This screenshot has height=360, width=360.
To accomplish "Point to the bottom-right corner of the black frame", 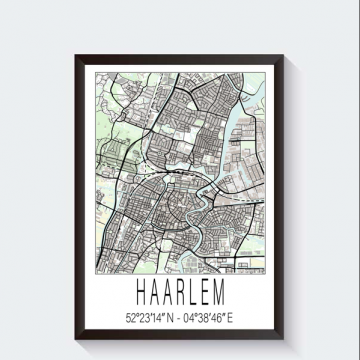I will (x=287, y=339).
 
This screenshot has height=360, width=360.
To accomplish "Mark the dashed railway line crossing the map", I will (x=150, y=170).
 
